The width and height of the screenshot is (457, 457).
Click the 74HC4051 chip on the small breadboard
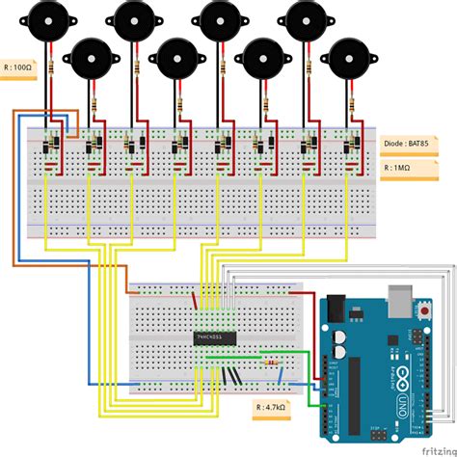click(x=213, y=337)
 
